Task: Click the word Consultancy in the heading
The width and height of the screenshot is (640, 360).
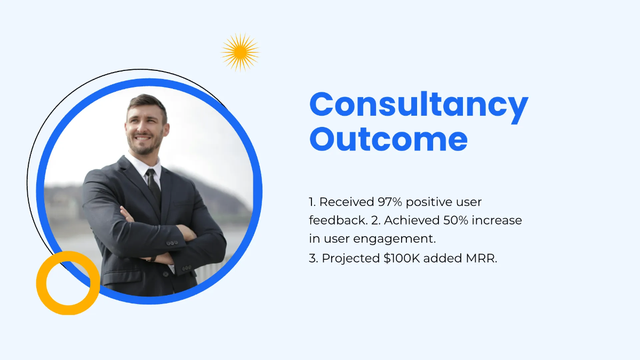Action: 419,106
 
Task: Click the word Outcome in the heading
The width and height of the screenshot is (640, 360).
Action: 389,139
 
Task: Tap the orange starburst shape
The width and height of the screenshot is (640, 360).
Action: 241,52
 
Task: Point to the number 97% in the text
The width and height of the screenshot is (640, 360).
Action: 390,202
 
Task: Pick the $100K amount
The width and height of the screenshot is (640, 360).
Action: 402,258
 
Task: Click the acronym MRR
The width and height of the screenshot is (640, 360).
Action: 482,258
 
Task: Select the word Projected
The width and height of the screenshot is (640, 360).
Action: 351,259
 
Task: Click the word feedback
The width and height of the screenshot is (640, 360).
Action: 339,220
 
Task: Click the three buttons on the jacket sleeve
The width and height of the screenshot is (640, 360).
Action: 172,243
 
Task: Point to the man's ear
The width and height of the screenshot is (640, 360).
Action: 166,130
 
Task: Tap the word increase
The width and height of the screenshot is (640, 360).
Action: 497,220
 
